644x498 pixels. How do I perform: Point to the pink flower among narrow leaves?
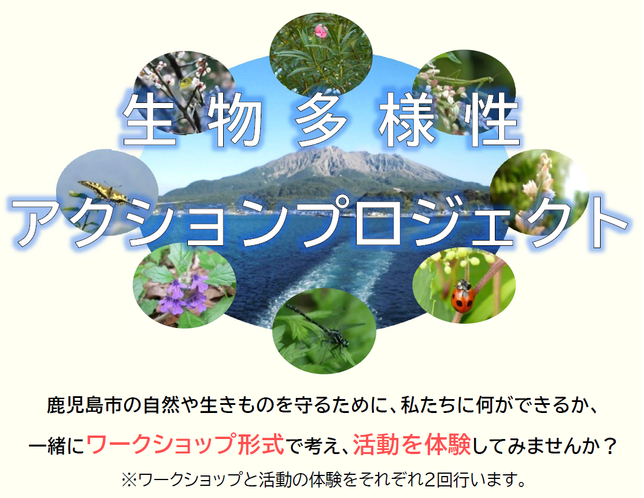tap(321, 31)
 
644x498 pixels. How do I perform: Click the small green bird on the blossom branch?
tap(187, 83)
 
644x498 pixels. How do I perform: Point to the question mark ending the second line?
tap(608, 445)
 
